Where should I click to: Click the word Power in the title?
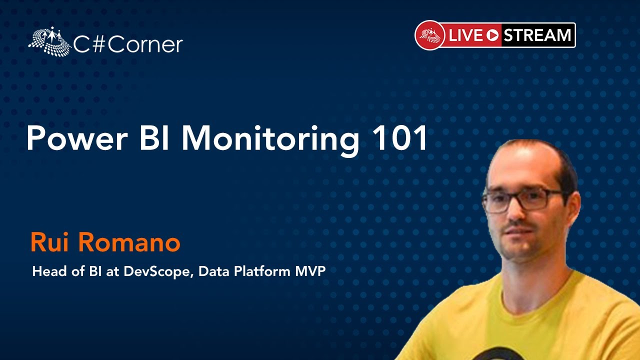coord(77,138)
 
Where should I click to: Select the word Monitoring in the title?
coord(270,140)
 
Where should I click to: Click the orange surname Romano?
coord(129,243)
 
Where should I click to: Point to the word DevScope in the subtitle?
coord(156,271)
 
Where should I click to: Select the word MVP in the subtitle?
coord(310,271)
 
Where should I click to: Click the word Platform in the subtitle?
coord(262,271)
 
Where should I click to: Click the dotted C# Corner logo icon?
coord(49,41)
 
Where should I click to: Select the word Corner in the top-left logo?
coord(145,45)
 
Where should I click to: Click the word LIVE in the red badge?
coord(465,35)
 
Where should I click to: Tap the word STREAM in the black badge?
coord(537,35)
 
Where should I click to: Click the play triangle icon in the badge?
coord(492,35)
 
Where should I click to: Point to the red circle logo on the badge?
coord(430,35)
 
